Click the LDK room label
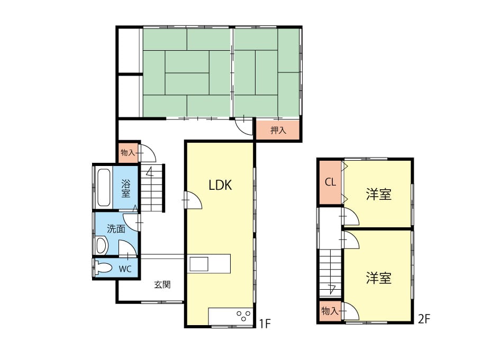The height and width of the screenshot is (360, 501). click(220, 185)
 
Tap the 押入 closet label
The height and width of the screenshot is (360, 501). click(278, 130)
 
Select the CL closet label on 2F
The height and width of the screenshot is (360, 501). click(330, 182)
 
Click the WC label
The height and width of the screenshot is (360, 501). click(125, 269)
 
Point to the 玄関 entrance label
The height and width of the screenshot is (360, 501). click(162, 284)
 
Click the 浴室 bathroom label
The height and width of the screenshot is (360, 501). click(126, 189)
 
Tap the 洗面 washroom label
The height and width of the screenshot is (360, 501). click(116, 228)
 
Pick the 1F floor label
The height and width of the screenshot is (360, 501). click(265, 324)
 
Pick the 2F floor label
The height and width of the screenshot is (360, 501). click(424, 319)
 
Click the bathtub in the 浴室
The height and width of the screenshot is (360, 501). click(104, 188)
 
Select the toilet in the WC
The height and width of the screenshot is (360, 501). click(104, 268)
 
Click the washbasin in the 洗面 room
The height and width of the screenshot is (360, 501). click(101, 245)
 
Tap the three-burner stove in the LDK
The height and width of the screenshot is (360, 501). click(243, 316)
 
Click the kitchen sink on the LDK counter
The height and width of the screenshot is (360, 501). click(199, 264)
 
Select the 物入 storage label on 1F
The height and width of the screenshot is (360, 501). click(128, 153)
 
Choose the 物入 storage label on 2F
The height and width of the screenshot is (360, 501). click(330, 310)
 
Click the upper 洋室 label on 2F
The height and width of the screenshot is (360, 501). click(379, 195)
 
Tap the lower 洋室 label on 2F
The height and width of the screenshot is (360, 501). click(379, 278)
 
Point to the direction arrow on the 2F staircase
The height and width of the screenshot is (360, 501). click(332, 289)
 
